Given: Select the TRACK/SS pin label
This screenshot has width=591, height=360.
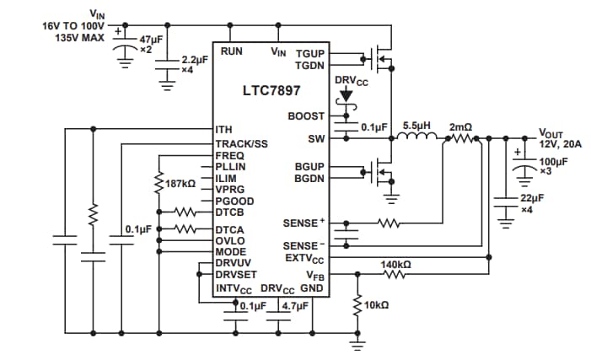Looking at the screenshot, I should (241, 143).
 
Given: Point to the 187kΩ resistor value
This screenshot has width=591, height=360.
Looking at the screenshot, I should (181, 183).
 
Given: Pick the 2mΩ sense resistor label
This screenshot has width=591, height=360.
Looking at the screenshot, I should (460, 126).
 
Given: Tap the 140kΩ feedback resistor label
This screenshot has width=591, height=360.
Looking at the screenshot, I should (395, 265).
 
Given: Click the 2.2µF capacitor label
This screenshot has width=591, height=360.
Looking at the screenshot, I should (196, 62).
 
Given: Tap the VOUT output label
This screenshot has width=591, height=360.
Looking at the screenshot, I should (553, 133).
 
